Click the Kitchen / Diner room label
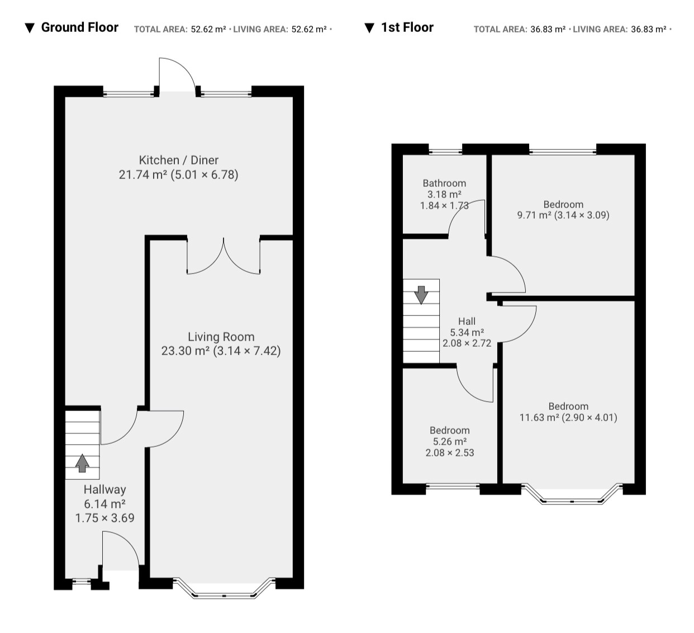(x=178, y=160)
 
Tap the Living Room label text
(x=221, y=337)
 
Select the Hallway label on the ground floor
(x=105, y=489)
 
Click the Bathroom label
(x=444, y=183)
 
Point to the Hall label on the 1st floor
(x=467, y=321)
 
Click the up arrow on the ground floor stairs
(x=82, y=464)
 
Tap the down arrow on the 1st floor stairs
(x=421, y=295)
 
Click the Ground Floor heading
(x=79, y=27)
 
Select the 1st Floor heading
(x=407, y=27)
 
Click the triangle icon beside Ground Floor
(x=30, y=28)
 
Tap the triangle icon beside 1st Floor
(x=369, y=28)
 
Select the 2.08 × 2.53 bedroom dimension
(x=450, y=452)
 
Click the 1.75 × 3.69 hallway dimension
(x=105, y=518)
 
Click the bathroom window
(x=445, y=151)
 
